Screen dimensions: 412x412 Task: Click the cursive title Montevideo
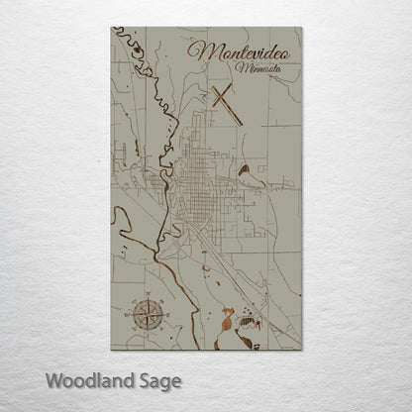242,51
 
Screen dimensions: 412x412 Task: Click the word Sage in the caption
158,380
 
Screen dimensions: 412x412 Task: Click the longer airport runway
227,106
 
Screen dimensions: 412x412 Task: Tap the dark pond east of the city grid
243,169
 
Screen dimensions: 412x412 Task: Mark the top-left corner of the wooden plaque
111,28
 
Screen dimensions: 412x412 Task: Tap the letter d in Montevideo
264,50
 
